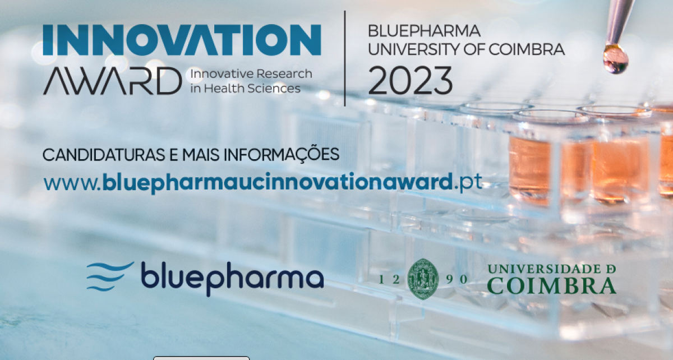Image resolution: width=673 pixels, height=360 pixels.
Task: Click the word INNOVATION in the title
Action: (x=182, y=40)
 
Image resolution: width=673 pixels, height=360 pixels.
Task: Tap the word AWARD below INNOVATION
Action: (x=113, y=81)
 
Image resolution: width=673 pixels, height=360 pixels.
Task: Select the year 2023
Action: (x=411, y=81)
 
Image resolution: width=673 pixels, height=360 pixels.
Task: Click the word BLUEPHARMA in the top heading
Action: (x=424, y=31)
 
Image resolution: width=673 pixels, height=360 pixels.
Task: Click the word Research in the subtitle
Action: (x=284, y=73)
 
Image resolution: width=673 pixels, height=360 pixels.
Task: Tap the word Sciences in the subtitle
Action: (x=274, y=89)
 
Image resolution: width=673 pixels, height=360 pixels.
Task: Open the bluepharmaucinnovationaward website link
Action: (x=263, y=182)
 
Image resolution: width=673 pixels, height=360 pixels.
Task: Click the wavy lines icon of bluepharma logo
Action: (x=110, y=276)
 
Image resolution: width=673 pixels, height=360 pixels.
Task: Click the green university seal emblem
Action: (x=423, y=279)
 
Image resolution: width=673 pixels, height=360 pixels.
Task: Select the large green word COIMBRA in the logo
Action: (x=552, y=285)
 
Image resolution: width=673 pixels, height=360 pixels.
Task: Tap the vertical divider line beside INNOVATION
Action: (x=344, y=58)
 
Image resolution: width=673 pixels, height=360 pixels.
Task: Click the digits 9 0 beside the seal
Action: (x=457, y=279)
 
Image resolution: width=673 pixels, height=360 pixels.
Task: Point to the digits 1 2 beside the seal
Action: (x=390, y=279)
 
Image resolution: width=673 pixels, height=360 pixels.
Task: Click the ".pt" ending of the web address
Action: (x=468, y=182)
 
